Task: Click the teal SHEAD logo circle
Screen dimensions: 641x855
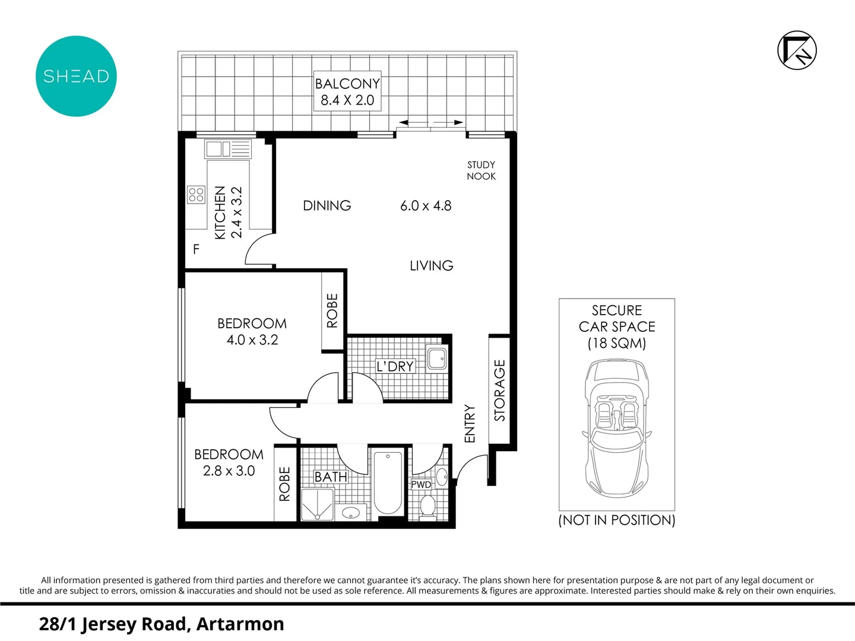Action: pyautogui.click(x=76, y=76)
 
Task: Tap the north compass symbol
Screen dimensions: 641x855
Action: pyautogui.click(x=797, y=50)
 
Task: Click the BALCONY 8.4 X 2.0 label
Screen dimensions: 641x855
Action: pyautogui.click(x=347, y=92)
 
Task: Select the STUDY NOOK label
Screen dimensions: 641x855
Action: pyautogui.click(x=481, y=170)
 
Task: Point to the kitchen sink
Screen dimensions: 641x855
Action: pyautogui.click(x=228, y=149)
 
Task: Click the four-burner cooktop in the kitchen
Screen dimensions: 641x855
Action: pyautogui.click(x=196, y=194)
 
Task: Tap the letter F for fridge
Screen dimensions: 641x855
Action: pyautogui.click(x=196, y=249)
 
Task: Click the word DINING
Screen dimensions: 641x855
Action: pyautogui.click(x=327, y=205)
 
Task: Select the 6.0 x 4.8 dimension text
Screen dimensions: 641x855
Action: pyautogui.click(x=426, y=205)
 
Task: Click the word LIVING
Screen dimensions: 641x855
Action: pyautogui.click(x=431, y=265)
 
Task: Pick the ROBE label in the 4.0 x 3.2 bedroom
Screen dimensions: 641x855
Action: pyautogui.click(x=332, y=310)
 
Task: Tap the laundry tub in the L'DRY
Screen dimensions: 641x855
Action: pyautogui.click(x=437, y=358)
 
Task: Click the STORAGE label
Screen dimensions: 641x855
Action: pyautogui.click(x=499, y=391)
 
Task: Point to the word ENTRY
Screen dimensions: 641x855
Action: pyautogui.click(x=470, y=423)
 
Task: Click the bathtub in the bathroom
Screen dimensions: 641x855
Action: pyautogui.click(x=388, y=481)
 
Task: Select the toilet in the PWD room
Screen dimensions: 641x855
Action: pyautogui.click(x=427, y=506)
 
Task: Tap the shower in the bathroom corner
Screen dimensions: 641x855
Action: pyautogui.click(x=317, y=505)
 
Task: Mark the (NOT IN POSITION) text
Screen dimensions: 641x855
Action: pyautogui.click(x=616, y=520)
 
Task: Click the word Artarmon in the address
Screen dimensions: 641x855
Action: pyautogui.click(x=240, y=624)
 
